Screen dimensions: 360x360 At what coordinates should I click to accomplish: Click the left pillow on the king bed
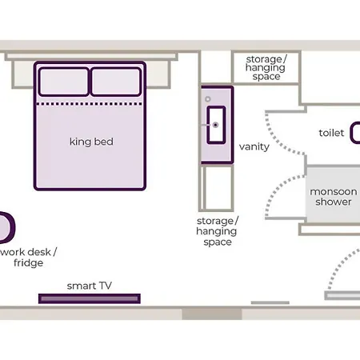[x=63, y=82]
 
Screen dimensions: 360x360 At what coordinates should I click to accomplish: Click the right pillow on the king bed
[x=116, y=82]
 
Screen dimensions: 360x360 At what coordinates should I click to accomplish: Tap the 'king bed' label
[x=91, y=142]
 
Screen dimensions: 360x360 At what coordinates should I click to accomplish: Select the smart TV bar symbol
[x=90, y=298]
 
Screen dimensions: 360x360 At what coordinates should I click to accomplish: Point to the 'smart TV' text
[x=90, y=286]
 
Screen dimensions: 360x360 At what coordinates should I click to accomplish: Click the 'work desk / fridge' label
[x=29, y=258]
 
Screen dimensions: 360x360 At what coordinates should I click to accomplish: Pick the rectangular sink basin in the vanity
[x=216, y=125]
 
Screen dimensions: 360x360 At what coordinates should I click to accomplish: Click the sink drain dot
[x=215, y=125]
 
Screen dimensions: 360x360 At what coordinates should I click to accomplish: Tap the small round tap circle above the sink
[x=208, y=99]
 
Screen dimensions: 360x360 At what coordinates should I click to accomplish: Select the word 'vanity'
[x=254, y=146]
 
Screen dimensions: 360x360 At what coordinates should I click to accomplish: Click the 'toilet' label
[x=331, y=133]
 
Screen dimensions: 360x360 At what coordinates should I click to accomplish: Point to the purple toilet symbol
[x=355, y=133]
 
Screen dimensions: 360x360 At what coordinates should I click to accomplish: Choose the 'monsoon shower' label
[x=334, y=197]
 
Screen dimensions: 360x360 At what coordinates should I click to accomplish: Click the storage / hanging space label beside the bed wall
[x=266, y=68]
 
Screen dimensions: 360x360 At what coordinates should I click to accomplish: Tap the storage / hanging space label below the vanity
[x=217, y=231]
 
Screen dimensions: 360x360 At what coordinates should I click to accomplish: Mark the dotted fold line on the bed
[x=90, y=104]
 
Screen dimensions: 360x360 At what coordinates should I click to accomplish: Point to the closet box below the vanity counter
[x=216, y=188]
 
